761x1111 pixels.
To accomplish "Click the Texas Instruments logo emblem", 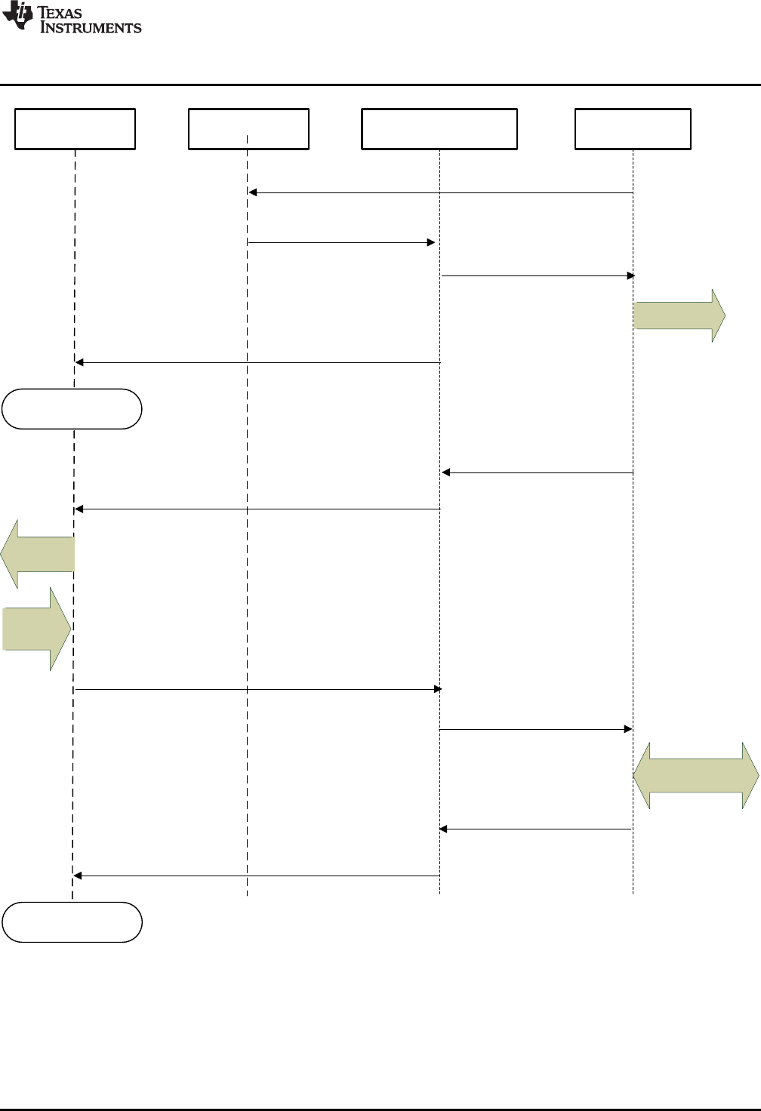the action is (17, 16).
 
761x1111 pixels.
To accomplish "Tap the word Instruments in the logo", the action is (91, 28).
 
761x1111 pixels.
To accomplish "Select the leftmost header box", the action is (75, 129).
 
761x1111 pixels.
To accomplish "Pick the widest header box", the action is (439, 129).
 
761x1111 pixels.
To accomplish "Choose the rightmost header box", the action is (633, 129).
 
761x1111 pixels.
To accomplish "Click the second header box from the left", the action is (248, 129).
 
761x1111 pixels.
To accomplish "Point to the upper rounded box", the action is (72, 409).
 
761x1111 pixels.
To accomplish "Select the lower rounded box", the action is (72, 922).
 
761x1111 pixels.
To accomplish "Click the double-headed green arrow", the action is (695, 775).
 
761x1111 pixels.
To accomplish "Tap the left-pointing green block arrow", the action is (38, 554).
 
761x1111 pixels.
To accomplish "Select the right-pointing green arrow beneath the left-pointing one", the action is (36, 629).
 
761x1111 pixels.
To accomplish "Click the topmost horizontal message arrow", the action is (440, 192).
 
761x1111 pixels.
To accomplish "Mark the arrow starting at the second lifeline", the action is (341, 242).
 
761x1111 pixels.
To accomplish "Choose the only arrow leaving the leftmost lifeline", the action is (257, 689).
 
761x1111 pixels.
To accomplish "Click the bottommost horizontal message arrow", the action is (257, 876).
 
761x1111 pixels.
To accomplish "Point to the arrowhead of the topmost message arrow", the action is (253, 192).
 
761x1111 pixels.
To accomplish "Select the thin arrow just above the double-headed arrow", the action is (535, 729).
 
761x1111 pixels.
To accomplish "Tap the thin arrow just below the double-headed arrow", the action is (535, 829).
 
